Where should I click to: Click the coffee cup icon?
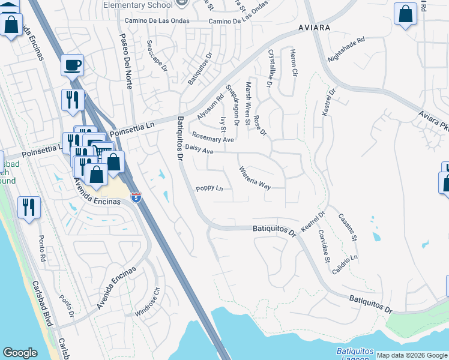coord(72,64)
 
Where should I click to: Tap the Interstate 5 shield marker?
coord(137,197)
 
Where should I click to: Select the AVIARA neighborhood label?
coord(313,28)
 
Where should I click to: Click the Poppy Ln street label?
coord(209,189)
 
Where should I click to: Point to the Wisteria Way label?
coord(255,178)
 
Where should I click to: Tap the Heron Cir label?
coord(294,62)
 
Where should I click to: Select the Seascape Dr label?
coord(157,56)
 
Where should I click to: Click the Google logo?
coord(20,353)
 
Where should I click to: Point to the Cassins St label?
coord(348,228)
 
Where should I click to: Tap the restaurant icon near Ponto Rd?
coord(29,208)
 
